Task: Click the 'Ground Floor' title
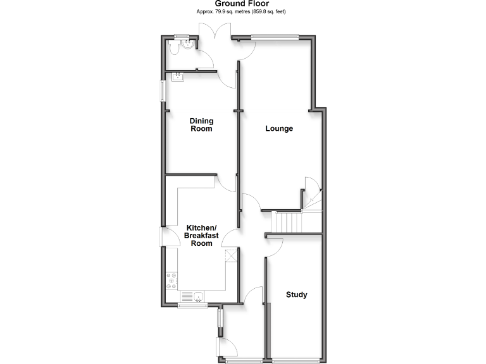click(242, 4)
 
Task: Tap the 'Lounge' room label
click(279, 129)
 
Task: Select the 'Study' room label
click(297, 294)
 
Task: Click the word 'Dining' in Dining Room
click(202, 121)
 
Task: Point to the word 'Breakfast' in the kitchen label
click(201, 236)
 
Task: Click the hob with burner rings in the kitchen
click(172, 280)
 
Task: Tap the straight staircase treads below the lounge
click(288, 222)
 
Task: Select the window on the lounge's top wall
click(274, 36)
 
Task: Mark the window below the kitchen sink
click(192, 305)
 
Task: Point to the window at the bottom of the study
click(296, 361)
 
